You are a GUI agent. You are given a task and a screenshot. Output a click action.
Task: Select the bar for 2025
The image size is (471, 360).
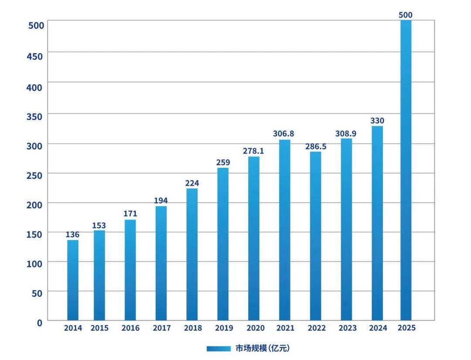[x=406, y=170]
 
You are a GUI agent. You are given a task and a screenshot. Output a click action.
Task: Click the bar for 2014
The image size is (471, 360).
[x=73, y=280]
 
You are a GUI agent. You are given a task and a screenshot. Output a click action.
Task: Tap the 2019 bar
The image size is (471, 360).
[x=222, y=244]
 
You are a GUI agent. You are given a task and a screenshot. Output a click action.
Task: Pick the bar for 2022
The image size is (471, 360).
[x=315, y=236]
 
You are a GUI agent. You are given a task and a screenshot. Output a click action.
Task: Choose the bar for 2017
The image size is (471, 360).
[x=161, y=263]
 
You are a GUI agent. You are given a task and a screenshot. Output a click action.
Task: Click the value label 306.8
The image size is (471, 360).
[x=284, y=134]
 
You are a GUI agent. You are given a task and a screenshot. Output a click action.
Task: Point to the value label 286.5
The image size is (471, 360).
[x=316, y=146]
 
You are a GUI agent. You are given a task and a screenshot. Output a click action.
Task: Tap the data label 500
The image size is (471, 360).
[x=406, y=15]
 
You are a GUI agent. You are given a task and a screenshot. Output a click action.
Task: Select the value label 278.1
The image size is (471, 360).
[x=253, y=151]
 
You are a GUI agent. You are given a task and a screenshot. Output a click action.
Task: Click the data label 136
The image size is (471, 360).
[x=72, y=235]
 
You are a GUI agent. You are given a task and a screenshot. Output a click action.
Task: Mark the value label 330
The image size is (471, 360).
[x=377, y=121]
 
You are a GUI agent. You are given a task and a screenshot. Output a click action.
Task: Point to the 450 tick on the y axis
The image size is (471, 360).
[x=34, y=57]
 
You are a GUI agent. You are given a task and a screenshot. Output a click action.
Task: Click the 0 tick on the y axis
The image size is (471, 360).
[x=40, y=323]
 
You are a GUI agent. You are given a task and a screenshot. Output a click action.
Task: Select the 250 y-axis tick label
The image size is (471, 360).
[x=34, y=175]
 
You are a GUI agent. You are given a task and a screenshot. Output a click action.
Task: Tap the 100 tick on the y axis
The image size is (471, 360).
[x=34, y=264]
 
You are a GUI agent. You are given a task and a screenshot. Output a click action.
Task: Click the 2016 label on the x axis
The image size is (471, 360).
[x=130, y=328]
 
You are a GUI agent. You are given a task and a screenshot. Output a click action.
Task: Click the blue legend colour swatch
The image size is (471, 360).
[x=218, y=348]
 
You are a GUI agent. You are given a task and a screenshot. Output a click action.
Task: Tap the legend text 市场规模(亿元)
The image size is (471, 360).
[x=263, y=348]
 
